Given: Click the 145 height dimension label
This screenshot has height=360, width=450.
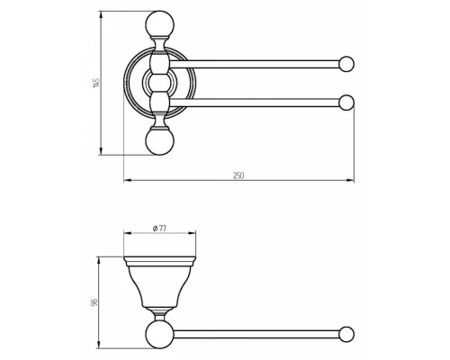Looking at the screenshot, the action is point(96,83).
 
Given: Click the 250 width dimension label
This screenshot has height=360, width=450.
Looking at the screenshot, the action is point(238,175).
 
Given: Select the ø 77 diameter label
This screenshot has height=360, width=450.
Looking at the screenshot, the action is point(159,229).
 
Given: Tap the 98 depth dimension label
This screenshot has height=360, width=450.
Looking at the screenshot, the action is point(94,302).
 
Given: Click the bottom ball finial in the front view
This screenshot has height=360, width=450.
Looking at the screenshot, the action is point(159,141).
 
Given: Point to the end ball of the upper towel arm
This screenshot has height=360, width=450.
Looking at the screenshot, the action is point(346,64).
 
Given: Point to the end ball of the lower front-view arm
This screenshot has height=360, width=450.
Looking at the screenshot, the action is point(346,103).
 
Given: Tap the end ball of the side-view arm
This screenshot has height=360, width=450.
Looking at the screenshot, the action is point(346,334).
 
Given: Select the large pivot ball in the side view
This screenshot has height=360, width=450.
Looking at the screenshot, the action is point(159,335).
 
